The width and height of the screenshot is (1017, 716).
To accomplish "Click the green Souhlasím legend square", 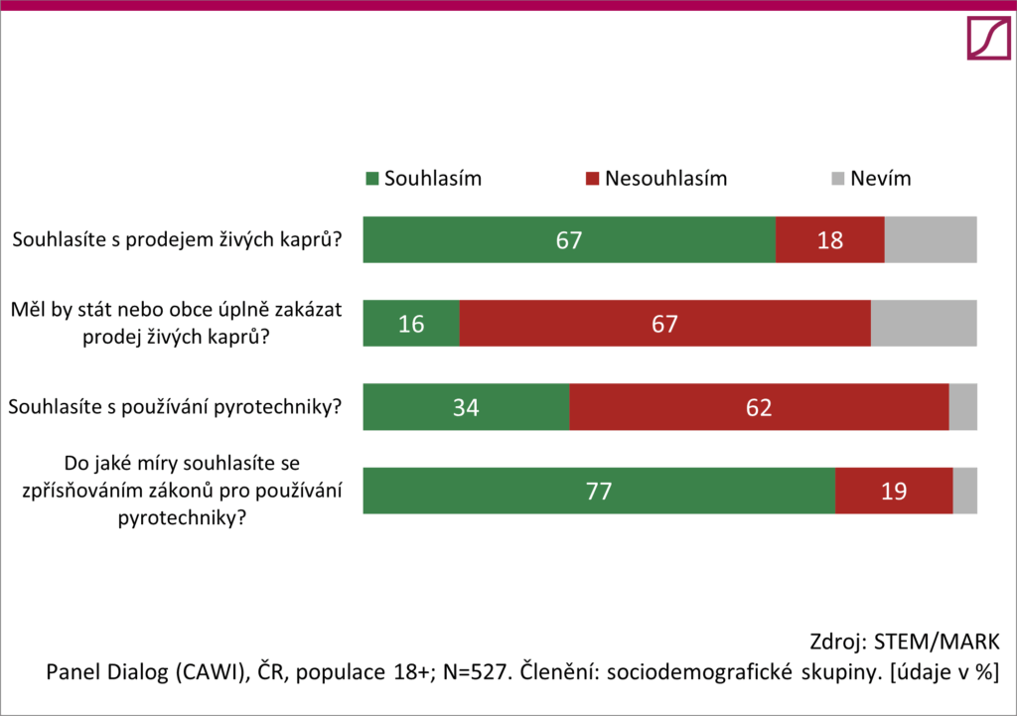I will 372,180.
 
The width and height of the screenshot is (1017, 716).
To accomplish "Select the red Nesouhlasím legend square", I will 592,180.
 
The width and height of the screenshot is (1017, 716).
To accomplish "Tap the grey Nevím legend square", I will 836,180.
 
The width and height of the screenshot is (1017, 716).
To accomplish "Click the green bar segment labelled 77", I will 599,491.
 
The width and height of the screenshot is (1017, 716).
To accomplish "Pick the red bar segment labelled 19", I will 894,491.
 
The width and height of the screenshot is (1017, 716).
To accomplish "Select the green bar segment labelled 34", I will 466,407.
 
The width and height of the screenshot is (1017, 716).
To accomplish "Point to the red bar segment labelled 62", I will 759,407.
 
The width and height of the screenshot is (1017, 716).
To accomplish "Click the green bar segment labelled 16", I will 411,324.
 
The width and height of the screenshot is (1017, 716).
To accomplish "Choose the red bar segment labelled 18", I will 829,240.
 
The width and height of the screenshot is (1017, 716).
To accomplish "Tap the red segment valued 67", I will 664,324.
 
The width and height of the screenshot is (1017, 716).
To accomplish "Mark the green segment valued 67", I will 569,240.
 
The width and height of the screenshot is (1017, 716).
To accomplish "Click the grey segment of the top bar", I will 930,240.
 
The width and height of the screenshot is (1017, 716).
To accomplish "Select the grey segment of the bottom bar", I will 964,491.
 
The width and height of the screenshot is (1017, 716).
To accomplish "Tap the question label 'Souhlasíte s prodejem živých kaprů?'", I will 176,239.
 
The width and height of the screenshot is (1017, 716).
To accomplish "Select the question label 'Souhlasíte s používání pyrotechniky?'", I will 176,407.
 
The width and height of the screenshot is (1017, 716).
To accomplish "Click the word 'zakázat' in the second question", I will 310,310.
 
